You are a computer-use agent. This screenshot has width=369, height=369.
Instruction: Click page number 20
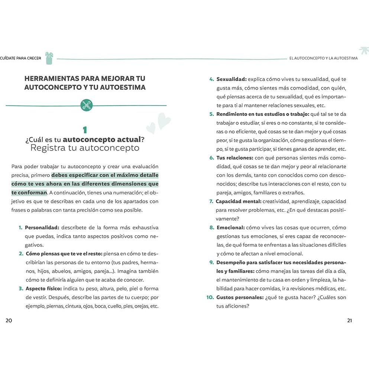[x=9, y=321]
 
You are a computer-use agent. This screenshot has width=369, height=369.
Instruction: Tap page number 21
[x=349, y=321]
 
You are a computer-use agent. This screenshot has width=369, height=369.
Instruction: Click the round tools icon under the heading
[x=86, y=105]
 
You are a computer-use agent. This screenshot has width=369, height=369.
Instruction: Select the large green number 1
[x=85, y=130]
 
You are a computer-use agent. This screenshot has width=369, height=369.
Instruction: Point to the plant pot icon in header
[x=49, y=58]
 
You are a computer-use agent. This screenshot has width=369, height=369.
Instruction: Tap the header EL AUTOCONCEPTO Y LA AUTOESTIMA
[x=323, y=58]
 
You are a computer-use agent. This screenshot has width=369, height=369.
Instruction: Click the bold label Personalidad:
[x=42, y=227]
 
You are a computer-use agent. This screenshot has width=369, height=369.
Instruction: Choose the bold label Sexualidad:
[x=232, y=79]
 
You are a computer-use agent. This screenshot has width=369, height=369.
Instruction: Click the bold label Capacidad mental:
[x=238, y=201]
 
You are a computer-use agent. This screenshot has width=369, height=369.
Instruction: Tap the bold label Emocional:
[x=230, y=227]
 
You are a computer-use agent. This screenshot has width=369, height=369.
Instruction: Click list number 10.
[x=209, y=297]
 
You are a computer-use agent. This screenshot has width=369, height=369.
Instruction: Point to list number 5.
[x=211, y=114]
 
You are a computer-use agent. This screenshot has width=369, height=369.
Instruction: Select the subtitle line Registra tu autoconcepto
[x=85, y=148]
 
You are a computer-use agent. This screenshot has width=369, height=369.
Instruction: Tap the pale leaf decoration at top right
[x=363, y=51]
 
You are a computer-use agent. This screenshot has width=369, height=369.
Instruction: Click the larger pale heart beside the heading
[x=164, y=120]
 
